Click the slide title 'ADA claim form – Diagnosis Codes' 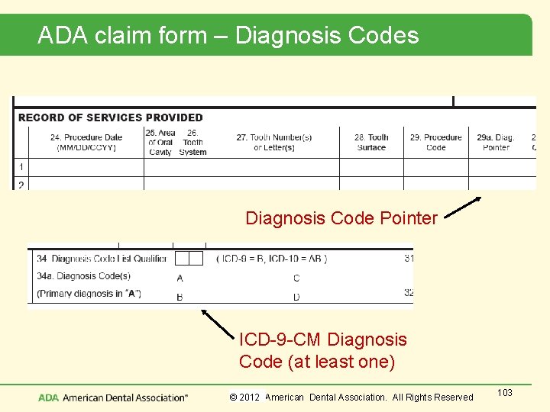[x=228, y=35]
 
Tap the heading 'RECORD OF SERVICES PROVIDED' [x=110, y=117]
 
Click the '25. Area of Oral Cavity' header [x=160, y=142]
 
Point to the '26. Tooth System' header [x=192, y=142]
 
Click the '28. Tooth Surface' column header [x=371, y=143]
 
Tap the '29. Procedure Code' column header [x=436, y=143]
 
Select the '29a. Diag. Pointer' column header [x=496, y=143]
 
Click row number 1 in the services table [x=21, y=166]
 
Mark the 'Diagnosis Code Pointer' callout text [x=341, y=218]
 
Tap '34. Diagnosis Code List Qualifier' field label [x=101, y=259]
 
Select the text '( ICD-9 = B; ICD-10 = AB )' [x=272, y=259]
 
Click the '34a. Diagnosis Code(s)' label [x=82, y=276]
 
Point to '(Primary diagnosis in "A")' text [x=89, y=294]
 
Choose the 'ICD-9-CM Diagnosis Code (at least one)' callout [x=322, y=350]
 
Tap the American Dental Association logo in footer [x=113, y=398]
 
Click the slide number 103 [x=504, y=392]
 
